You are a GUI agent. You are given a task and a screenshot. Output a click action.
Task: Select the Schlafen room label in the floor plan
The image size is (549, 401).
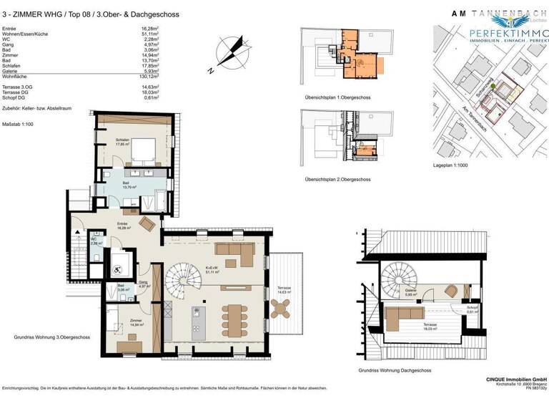tap(123, 141)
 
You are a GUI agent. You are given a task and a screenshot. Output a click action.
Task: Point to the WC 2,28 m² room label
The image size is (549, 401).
tap(94, 241)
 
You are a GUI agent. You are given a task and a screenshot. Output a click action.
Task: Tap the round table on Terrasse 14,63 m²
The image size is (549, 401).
tap(281, 308)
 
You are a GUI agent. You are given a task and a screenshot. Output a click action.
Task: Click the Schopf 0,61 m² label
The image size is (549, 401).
tap(473, 310)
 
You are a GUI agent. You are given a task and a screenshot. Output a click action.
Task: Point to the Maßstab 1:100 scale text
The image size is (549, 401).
tap(19, 124)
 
